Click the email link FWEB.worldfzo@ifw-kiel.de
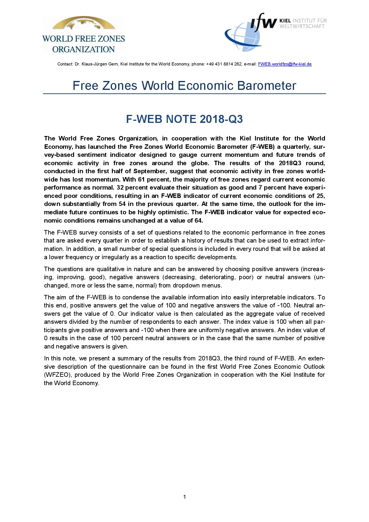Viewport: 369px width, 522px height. (284, 64)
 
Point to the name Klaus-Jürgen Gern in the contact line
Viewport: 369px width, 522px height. (100, 64)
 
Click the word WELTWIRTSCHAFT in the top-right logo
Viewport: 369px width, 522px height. (302, 26)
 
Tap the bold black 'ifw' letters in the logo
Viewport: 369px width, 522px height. (263, 22)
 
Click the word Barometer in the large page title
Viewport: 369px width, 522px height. (267, 86)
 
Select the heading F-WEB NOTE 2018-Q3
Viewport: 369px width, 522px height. (184, 119)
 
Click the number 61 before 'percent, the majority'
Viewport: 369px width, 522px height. (141, 179)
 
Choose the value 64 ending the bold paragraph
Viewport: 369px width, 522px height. (198, 221)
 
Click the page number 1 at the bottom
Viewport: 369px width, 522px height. (185, 497)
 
